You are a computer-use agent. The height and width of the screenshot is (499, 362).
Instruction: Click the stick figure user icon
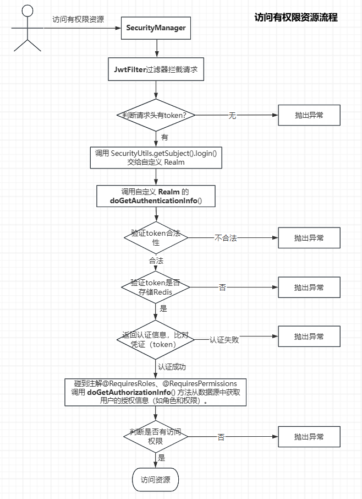click(x=27, y=28)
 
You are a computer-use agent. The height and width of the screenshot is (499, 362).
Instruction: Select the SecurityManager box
click(x=156, y=28)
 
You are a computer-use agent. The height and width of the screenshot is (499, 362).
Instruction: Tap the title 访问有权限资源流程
click(x=296, y=18)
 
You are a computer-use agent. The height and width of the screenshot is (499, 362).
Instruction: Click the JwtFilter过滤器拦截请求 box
click(x=156, y=70)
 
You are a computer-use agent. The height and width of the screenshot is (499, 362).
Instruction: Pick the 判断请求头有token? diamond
click(x=156, y=115)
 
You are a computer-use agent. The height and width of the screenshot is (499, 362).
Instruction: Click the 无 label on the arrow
click(x=232, y=115)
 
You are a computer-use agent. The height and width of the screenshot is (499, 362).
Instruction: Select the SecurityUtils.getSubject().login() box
click(x=156, y=157)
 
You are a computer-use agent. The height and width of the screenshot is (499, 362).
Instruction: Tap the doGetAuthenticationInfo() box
click(x=156, y=196)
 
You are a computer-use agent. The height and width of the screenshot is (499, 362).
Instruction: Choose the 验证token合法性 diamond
click(x=156, y=238)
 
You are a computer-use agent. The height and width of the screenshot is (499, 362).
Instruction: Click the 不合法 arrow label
click(x=226, y=238)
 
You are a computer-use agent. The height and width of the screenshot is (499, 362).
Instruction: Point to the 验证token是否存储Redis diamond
click(x=156, y=287)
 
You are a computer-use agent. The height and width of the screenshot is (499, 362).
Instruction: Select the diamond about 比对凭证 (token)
click(x=156, y=339)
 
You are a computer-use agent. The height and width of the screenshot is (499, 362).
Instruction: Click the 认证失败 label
click(x=224, y=339)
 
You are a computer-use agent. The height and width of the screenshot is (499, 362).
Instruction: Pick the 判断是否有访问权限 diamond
click(x=156, y=437)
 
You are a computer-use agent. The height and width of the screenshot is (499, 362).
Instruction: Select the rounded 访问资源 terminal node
click(x=156, y=480)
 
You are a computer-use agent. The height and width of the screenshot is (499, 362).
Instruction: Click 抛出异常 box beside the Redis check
click(x=309, y=288)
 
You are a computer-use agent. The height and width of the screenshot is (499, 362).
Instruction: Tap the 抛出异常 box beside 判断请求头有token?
click(x=309, y=115)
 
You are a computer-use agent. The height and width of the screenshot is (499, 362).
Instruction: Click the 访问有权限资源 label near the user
click(x=78, y=20)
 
